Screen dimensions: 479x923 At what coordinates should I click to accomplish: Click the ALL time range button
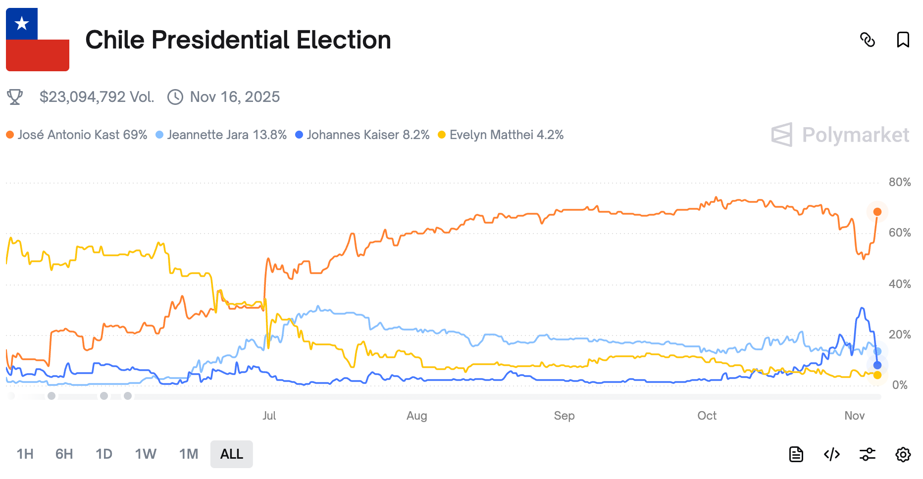point(231,454)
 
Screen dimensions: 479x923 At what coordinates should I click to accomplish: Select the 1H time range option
point(25,454)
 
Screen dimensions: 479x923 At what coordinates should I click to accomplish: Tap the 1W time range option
point(146,454)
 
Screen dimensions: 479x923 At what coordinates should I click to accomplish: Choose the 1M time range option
point(189,454)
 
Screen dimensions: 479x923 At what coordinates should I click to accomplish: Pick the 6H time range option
point(64,454)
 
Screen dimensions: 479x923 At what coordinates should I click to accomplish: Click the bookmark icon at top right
point(903,40)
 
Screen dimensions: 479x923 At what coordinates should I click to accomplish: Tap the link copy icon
point(868,40)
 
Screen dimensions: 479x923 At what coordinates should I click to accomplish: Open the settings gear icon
point(903,454)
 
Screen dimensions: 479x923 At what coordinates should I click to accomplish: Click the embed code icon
point(832,454)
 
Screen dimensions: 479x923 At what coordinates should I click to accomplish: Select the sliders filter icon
point(867,454)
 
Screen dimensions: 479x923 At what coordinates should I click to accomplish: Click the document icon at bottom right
point(796,454)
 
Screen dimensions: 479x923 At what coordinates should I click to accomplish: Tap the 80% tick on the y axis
point(899,182)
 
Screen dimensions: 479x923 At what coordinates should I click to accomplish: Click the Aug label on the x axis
point(416,416)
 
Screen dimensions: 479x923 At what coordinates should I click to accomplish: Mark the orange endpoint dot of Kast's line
point(877,212)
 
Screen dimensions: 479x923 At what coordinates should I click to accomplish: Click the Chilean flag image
point(38,40)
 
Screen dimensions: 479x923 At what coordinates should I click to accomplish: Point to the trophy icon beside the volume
point(15,97)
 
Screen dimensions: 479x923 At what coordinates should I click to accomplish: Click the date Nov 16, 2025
point(235,97)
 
